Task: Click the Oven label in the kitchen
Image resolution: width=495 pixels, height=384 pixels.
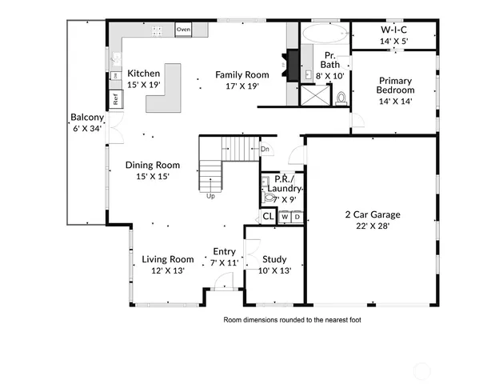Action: [184, 30]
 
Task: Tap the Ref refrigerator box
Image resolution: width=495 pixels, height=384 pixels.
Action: [115, 100]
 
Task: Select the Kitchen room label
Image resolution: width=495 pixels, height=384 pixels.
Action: [144, 74]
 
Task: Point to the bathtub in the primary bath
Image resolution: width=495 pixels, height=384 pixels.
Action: [324, 34]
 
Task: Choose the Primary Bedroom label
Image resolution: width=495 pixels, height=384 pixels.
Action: [395, 81]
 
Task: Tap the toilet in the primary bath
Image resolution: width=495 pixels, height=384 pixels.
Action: [342, 98]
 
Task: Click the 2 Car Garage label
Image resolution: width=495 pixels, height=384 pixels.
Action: [372, 214]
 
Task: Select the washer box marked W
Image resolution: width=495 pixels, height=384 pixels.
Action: [285, 217]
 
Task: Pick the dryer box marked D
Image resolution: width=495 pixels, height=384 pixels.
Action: [297, 217]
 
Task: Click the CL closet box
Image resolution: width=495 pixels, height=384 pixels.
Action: [269, 217]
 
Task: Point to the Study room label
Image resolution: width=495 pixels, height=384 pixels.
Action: [274, 259]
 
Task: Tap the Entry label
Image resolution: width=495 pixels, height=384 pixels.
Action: [224, 251]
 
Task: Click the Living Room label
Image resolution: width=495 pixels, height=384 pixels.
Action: [168, 259]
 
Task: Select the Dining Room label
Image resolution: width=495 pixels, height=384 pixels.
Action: [152, 166]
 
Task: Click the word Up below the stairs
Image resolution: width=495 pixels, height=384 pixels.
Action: [210, 195]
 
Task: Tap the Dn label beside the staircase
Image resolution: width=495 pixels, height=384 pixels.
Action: [265, 149]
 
